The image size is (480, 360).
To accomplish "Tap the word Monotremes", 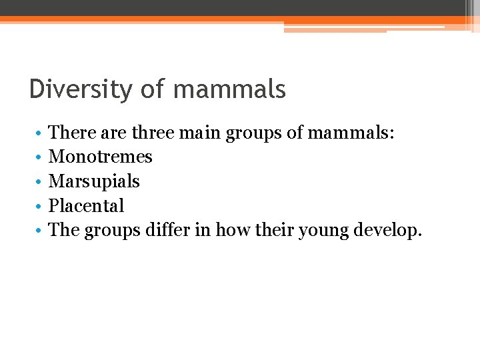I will (101, 157).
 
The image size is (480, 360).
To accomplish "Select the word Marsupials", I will (94, 181).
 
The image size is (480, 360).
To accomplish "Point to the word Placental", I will (87, 206).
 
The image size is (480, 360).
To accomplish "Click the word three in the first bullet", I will (153, 133).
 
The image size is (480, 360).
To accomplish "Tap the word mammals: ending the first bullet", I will (351, 133).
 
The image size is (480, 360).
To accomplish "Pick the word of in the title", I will (152, 89).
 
